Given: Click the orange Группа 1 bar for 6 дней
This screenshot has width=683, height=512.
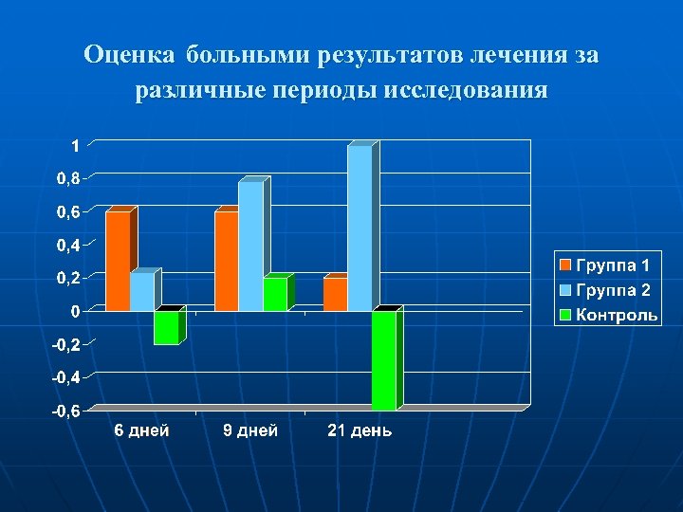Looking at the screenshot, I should [x=118, y=261].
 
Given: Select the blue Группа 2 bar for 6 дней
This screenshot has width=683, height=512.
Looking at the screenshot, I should [x=141, y=292].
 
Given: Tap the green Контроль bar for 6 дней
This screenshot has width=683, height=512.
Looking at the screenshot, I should [x=166, y=327].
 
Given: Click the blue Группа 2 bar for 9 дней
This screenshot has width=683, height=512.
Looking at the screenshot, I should [x=250, y=247].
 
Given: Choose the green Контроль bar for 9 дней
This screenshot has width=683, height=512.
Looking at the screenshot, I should [x=274, y=294].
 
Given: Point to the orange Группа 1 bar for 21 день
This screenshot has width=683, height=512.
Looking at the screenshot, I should [x=335, y=294].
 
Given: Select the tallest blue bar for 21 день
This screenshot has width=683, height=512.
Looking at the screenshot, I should [x=360, y=228].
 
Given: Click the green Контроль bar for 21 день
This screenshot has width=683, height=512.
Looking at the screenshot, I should [x=383, y=360].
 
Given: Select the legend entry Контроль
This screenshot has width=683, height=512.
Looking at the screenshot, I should [x=618, y=315].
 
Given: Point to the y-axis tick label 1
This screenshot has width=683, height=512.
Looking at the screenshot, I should [x=74, y=146].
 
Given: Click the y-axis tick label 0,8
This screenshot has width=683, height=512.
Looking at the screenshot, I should [x=67, y=179].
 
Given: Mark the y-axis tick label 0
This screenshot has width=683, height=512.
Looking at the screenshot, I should [x=74, y=312].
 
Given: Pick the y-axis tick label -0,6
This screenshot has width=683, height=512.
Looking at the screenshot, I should [x=65, y=411].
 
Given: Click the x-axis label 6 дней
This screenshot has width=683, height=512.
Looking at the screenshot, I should [x=142, y=431].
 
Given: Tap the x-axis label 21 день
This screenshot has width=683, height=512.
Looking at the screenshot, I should [x=360, y=431].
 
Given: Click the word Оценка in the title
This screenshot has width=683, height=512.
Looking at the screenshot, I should [x=129, y=55].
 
